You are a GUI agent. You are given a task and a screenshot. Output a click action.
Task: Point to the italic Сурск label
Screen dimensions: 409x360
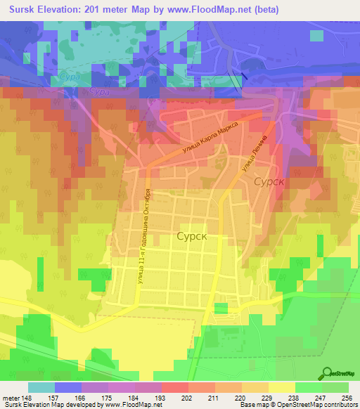point(269,181)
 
